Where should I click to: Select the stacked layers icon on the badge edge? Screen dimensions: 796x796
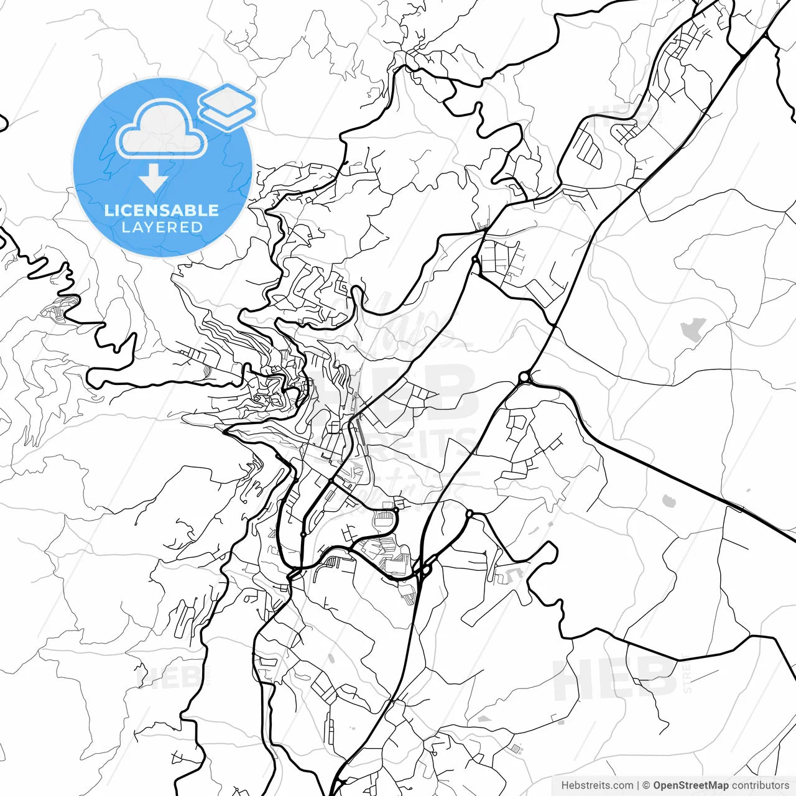tap(228, 106)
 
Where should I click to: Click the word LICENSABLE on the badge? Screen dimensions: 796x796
tap(162, 210)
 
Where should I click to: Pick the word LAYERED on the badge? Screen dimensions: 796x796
tap(162, 228)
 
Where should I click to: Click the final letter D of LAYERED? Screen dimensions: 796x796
tap(197, 228)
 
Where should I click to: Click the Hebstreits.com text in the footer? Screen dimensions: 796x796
tap(597, 785)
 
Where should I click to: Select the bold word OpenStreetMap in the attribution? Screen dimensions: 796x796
tap(691, 785)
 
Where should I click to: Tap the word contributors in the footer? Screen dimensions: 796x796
tap(760, 785)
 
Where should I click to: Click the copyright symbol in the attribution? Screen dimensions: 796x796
tap(647, 785)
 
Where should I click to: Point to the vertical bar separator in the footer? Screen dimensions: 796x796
tap(638, 785)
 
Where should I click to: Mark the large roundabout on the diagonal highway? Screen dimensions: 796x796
tap(525, 377)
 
